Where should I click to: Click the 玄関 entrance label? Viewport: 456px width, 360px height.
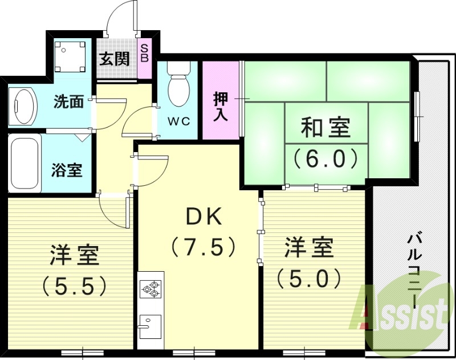[x=115, y=59]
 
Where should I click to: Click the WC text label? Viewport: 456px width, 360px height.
[x=180, y=122]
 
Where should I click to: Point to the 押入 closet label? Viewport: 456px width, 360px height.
[x=221, y=106]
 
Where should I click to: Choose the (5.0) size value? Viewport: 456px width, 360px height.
[x=309, y=279]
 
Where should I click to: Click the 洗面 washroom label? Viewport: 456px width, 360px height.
[x=69, y=103]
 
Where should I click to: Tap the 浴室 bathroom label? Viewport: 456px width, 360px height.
[x=67, y=170]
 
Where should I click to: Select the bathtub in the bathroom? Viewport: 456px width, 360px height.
[x=25, y=163]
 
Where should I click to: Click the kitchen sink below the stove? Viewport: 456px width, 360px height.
[x=150, y=325]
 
